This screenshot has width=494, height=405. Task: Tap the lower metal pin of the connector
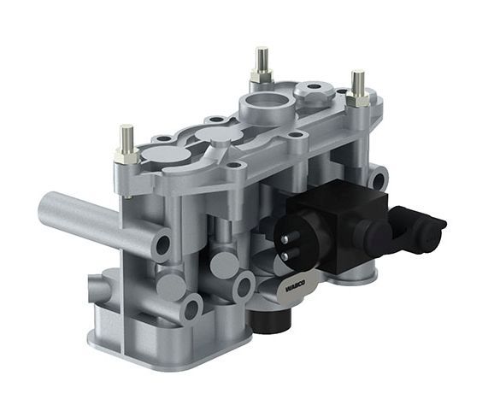click(x=285, y=255)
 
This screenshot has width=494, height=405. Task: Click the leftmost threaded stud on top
click(x=126, y=138)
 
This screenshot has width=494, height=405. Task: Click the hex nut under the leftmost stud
click(x=126, y=156)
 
